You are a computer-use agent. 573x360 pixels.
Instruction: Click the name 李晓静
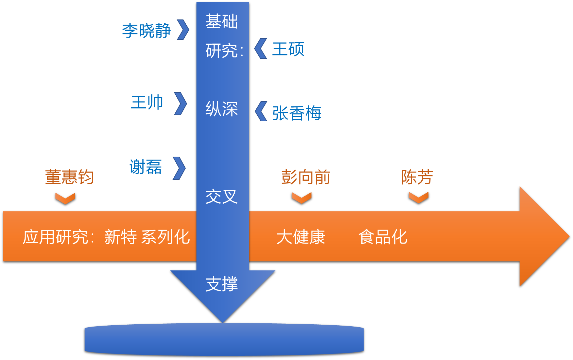point(146,31)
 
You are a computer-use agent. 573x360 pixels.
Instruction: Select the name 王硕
point(288,49)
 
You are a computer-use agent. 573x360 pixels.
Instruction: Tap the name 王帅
point(147,102)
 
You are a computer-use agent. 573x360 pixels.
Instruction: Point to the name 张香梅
point(297,113)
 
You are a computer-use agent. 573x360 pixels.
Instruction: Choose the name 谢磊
point(146,167)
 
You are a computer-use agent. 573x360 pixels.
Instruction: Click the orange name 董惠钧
point(69,177)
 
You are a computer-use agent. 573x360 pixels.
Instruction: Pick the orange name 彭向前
point(305,177)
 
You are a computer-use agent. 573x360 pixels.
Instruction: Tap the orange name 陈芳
point(417,177)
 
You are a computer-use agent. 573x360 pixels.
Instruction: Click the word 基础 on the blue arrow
point(222,21)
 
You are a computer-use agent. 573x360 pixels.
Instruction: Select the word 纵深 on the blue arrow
point(222,109)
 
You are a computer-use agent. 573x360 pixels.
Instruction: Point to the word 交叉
point(222,197)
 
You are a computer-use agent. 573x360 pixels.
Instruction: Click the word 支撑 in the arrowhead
point(222,284)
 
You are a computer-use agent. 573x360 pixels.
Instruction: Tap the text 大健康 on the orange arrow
point(300,237)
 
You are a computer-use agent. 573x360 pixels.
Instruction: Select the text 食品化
point(383,237)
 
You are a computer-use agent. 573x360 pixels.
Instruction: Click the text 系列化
point(166,237)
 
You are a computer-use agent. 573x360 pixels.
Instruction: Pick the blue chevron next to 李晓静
point(183,30)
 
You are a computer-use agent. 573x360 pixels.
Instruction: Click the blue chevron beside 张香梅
point(261,111)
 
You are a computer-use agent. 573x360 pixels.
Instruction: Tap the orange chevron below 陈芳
point(418,197)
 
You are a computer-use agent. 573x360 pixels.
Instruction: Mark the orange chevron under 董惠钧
point(65,198)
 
